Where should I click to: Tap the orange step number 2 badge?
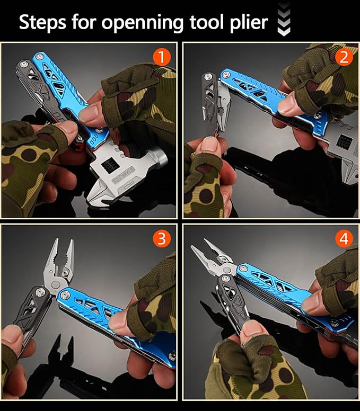pyautogui.click(x=344, y=58)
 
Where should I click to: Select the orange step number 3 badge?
pyautogui.click(x=163, y=239)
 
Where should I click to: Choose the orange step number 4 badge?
pyautogui.click(x=344, y=239)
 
